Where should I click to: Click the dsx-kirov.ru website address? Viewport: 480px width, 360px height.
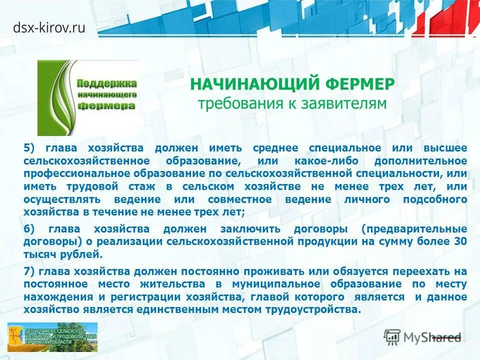point(49,27)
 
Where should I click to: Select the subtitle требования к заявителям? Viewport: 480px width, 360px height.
point(292,103)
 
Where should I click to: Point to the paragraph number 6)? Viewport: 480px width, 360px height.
point(30,229)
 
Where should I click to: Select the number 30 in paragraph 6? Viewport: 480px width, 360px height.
point(460,241)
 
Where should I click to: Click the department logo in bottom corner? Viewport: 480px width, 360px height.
point(52,337)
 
